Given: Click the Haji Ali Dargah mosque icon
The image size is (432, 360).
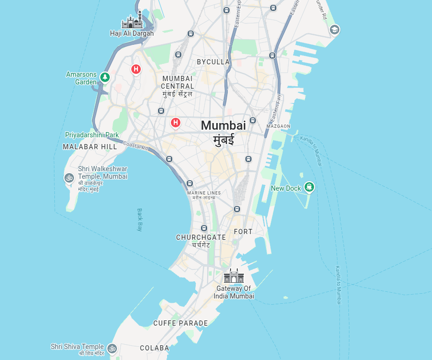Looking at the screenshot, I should (132, 21).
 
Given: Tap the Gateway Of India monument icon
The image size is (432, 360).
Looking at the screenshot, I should (234, 276).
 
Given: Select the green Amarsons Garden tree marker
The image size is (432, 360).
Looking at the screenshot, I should (105, 77).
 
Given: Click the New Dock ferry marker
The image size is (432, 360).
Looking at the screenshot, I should (309, 187).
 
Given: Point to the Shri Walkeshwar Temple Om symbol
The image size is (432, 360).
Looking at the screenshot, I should (69, 178).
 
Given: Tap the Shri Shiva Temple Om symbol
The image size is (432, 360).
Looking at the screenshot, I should (112, 348).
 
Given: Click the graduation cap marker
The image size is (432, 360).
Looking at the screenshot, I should (334, 30).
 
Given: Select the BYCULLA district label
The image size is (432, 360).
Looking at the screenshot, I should (213, 62).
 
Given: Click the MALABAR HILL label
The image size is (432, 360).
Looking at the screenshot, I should (90, 147).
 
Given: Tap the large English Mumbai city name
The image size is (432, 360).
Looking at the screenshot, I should (223, 125).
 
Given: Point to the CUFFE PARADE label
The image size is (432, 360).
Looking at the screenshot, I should (180, 323).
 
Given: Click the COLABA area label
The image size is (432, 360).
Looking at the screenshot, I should (154, 348).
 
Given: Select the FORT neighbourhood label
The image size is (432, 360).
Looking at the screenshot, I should (243, 232).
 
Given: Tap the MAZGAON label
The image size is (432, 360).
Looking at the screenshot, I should (278, 126).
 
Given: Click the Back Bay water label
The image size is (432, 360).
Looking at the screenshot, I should (140, 219).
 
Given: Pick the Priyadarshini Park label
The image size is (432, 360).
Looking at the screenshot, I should (92, 135).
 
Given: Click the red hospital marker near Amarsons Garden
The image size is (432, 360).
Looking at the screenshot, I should (136, 70).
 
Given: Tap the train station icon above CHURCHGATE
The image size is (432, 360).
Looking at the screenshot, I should (204, 228).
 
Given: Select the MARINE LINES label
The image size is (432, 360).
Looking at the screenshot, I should (204, 193).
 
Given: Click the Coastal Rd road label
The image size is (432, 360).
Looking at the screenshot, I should (136, 145).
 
